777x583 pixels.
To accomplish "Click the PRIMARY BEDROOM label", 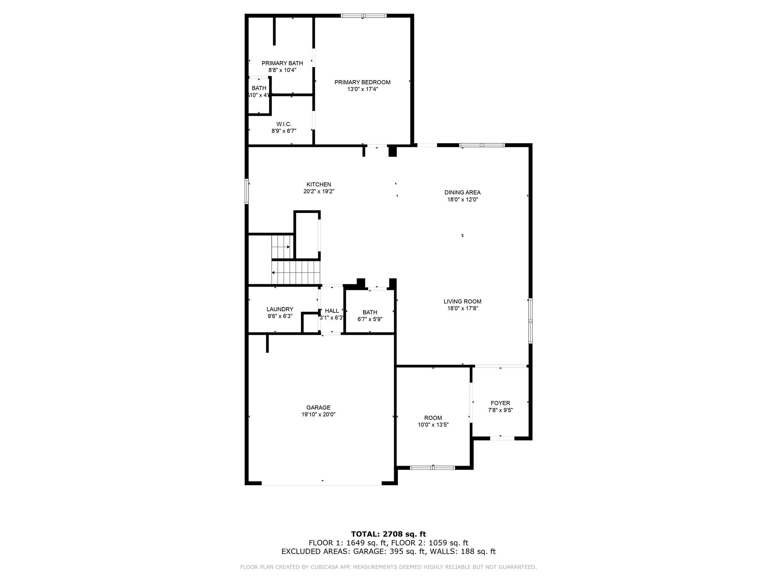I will [362, 82].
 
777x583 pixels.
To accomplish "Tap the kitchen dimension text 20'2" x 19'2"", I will [319, 192].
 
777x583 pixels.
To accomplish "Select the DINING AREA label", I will [462, 192].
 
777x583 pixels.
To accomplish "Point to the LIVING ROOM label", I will [462, 301].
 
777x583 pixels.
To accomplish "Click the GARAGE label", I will [318, 408].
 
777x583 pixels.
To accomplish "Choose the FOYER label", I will [500, 403].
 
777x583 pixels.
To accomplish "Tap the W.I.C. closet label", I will [284, 124].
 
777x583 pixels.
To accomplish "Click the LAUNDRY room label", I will [280, 309].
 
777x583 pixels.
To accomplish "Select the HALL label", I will [332, 311].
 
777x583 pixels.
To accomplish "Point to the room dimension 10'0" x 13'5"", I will [433, 425].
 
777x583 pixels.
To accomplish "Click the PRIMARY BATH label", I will [282, 63].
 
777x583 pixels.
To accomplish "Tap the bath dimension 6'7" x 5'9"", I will [370, 319].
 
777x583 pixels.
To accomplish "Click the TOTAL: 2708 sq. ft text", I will [388, 534].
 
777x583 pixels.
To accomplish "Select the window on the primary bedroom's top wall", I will [363, 16].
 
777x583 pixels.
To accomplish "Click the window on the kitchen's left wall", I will [247, 192].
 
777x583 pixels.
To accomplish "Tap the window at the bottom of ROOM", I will [433, 468].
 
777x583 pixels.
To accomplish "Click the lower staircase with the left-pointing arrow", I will [296, 272].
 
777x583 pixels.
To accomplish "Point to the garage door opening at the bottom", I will [322, 483].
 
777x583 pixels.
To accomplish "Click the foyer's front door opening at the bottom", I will [502, 438].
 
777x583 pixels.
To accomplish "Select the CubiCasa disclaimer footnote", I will [388, 567].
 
